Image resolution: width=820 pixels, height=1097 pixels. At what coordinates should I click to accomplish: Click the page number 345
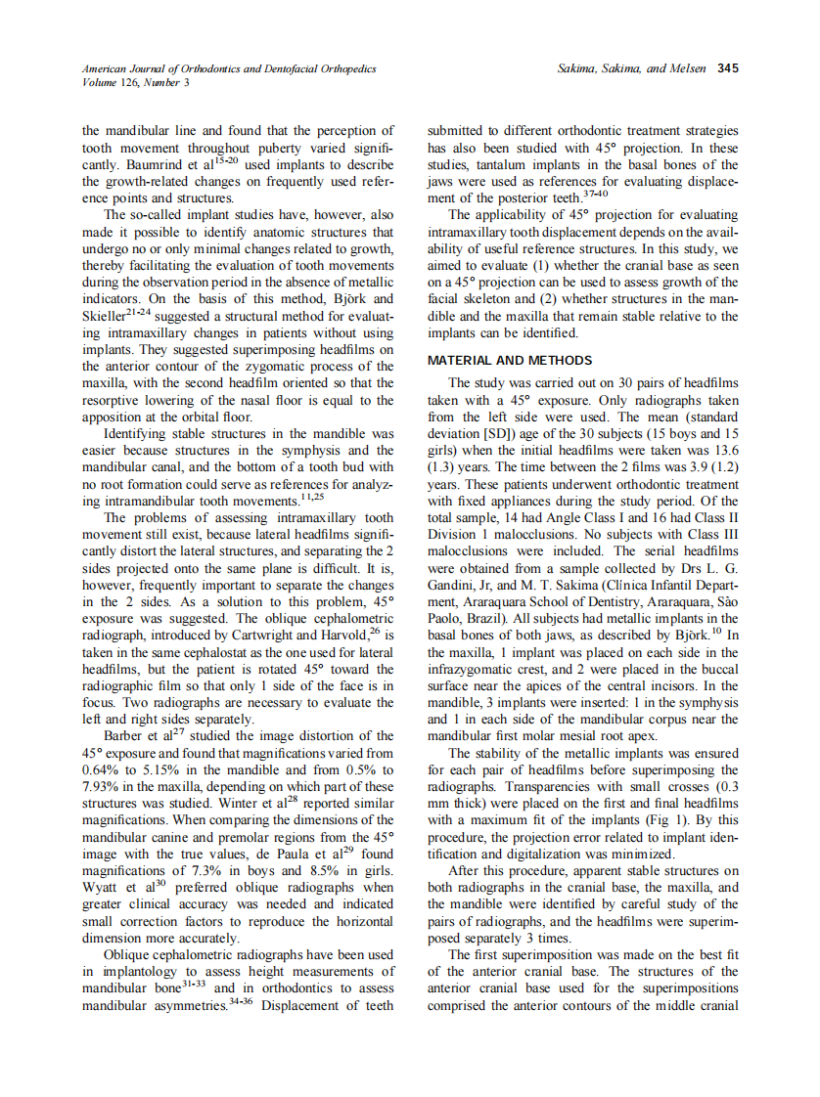click(727, 68)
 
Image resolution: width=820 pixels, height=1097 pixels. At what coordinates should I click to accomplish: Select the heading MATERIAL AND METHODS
click(509, 360)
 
